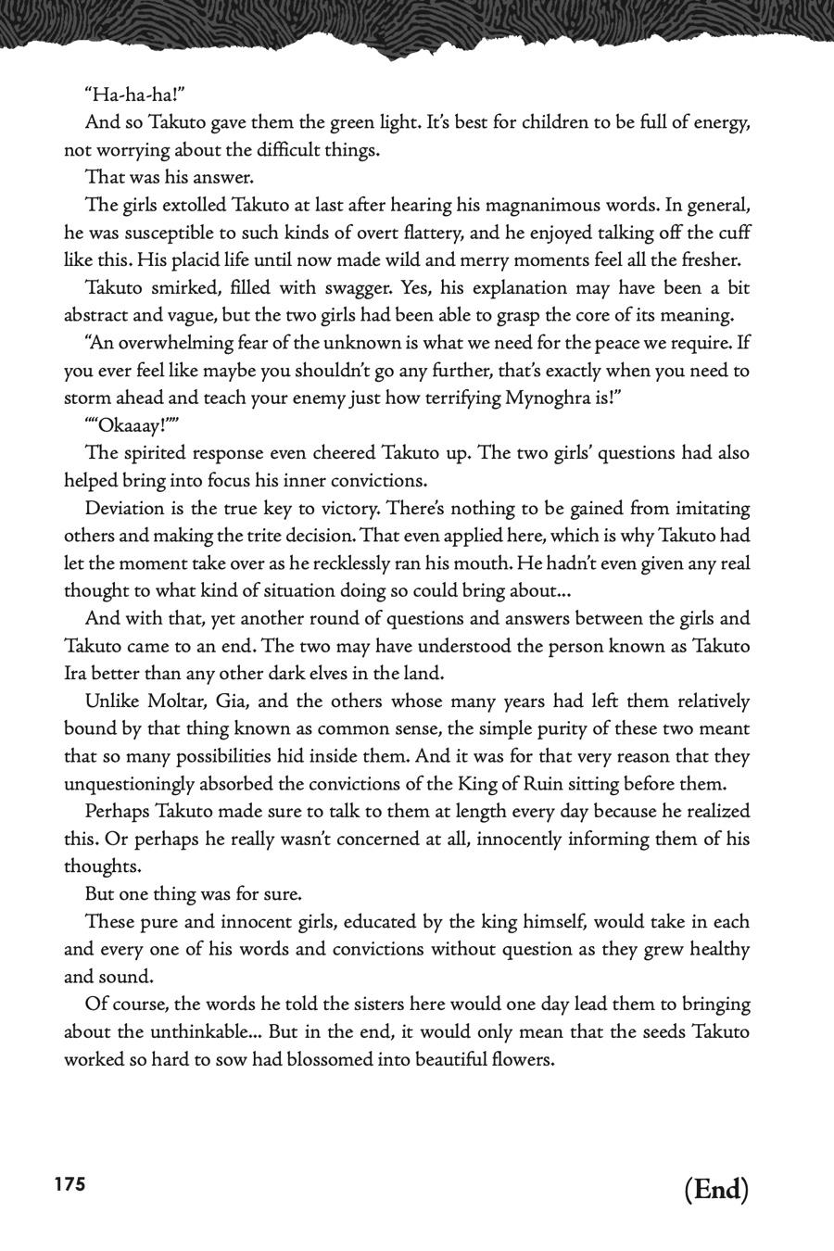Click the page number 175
pyautogui.click(x=70, y=1184)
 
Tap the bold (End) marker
pyautogui.click(x=716, y=1189)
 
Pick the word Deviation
pyautogui.click(x=126, y=508)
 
